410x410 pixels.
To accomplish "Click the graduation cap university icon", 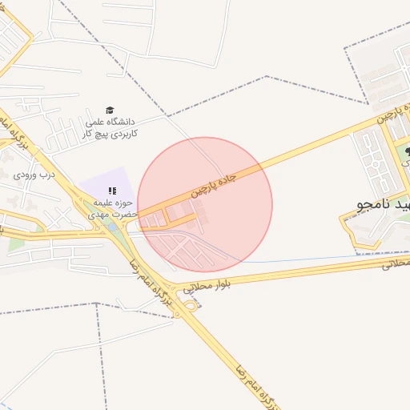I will (110, 111).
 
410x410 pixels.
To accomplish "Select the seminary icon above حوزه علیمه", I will (112, 191).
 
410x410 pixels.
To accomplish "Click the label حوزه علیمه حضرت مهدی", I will (116, 208).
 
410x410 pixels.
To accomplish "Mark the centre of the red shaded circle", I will (205, 204).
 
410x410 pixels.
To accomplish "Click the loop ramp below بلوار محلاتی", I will (191, 307).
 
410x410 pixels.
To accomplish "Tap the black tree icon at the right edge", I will (407, 151).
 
